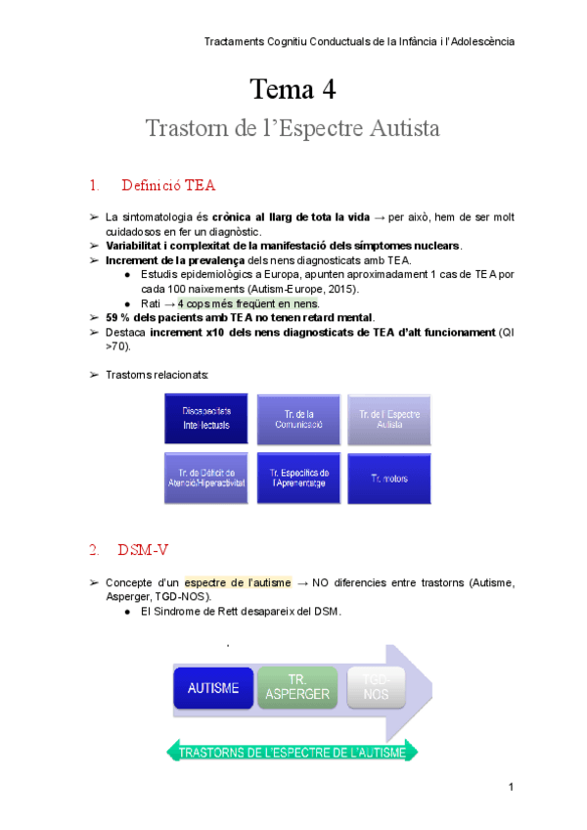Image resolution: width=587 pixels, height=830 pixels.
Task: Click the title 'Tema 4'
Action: [293, 90]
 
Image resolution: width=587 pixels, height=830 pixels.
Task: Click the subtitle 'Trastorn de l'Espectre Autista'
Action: [293, 129]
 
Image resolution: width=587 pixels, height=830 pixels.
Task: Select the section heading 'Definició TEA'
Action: [168, 185]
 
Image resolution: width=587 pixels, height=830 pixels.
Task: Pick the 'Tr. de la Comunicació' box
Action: [297, 420]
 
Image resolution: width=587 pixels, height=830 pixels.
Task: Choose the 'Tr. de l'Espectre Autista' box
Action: [389, 420]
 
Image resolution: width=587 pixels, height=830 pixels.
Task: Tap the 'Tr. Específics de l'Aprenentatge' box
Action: [297, 478]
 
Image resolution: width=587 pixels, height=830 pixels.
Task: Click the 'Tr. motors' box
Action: [389, 478]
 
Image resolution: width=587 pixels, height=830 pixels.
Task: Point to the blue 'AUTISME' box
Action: [213, 687]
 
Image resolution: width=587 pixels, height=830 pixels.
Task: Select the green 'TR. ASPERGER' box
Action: [297, 687]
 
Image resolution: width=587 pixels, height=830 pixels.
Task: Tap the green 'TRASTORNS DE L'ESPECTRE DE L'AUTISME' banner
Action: [293, 751]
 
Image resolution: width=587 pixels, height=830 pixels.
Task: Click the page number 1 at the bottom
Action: [511, 787]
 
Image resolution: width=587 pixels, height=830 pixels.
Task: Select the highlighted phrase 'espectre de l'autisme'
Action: [237, 582]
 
